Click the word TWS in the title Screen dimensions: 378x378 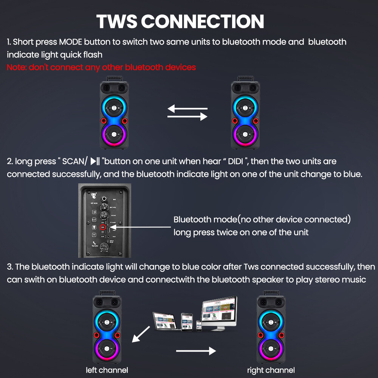[116, 22]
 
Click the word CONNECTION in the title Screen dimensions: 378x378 [203, 22]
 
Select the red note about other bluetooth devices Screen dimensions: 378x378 [101, 67]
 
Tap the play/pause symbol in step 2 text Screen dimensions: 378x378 [94, 162]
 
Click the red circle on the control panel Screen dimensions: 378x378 [102, 228]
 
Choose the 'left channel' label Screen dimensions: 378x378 [107, 370]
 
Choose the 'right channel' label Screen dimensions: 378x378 [271, 370]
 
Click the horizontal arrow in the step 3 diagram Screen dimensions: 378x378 [195, 351]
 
